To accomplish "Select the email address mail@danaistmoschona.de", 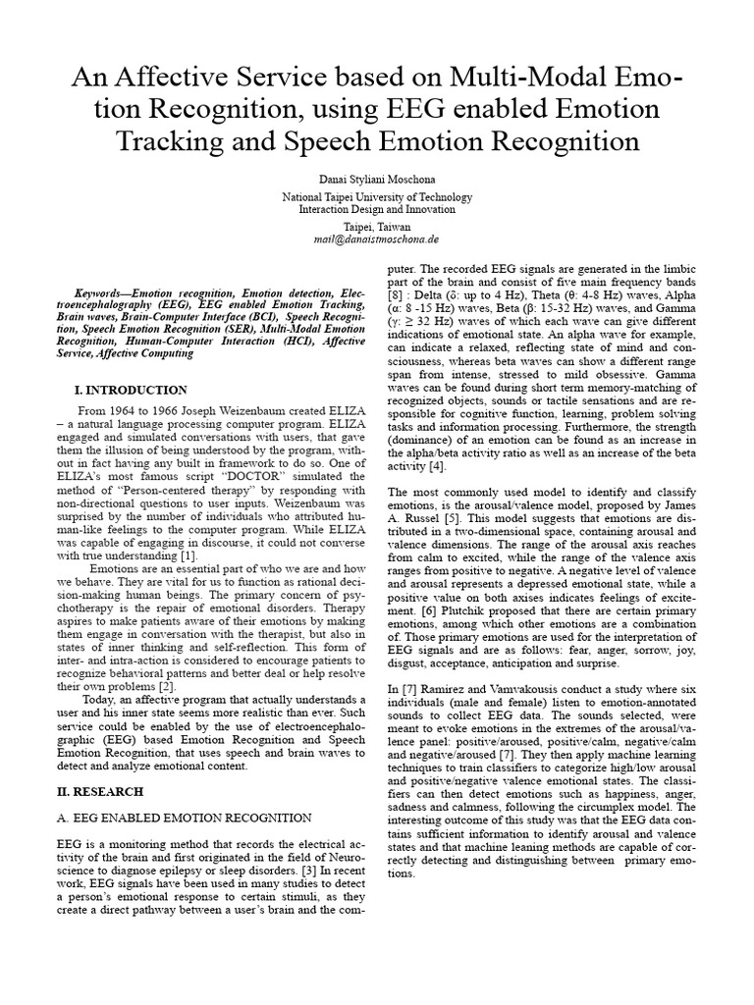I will [x=377, y=238].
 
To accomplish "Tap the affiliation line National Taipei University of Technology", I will [x=377, y=196].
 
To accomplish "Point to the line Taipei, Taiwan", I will [x=377, y=225].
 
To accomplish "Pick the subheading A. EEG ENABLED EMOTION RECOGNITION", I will [x=183, y=817].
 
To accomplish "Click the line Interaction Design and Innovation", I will [x=377, y=209].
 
